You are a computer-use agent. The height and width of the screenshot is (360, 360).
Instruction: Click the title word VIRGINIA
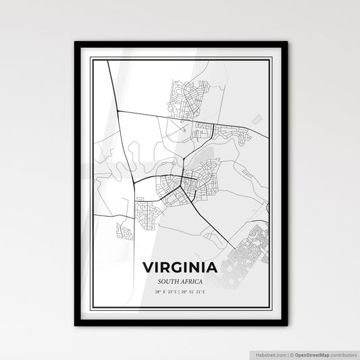click(x=180, y=267)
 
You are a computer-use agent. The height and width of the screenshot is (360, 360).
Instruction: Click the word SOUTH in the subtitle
click(x=169, y=281)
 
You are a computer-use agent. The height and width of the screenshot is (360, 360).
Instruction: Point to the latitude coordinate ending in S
click(x=165, y=292)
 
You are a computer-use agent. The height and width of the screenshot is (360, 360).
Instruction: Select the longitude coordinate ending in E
click(x=196, y=292)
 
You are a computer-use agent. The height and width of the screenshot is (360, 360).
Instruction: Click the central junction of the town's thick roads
click(x=183, y=180)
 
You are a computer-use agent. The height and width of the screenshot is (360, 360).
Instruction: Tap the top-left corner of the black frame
click(x=75, y=43)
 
